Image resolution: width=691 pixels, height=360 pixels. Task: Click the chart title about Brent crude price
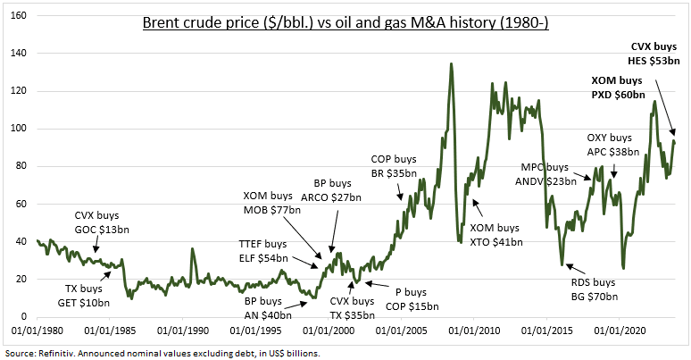click(x=345, y=21)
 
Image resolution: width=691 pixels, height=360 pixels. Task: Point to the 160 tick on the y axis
click(x=19, y=16)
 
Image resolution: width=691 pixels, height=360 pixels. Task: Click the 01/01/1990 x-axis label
click(x=183, y=330)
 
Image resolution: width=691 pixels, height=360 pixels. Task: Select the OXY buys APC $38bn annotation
click(x=609, y=145)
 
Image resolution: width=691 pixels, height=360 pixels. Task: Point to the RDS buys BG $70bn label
click(x=594, y=289)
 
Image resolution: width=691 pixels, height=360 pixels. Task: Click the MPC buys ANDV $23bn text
click(x=542, y=173)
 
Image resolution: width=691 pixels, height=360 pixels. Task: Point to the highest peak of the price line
click(x=452, y=63)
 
